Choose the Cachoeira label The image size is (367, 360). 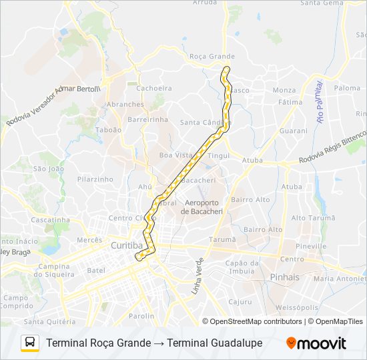(x=153, y=88)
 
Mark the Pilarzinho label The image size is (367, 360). (x=95, y=179)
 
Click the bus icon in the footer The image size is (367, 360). (x=30, y=343)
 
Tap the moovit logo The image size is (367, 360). (x=316, y=343)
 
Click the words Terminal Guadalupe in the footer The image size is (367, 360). (x=215, y=343)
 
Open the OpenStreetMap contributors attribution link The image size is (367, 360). (x=256, y=321)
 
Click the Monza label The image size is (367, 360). (x=284, y=90)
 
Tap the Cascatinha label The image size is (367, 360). (x=50, y=220)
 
